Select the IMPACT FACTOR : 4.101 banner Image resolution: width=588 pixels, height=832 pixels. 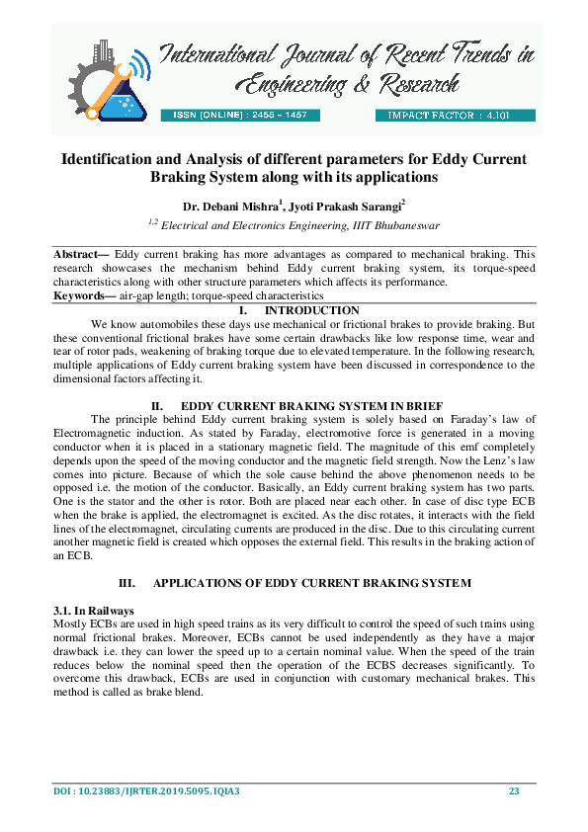454,116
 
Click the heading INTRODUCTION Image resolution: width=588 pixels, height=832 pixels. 308,310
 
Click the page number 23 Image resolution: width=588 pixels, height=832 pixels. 514,791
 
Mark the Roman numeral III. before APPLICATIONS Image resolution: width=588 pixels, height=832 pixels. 127,584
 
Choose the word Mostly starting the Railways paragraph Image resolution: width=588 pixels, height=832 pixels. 68,624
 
